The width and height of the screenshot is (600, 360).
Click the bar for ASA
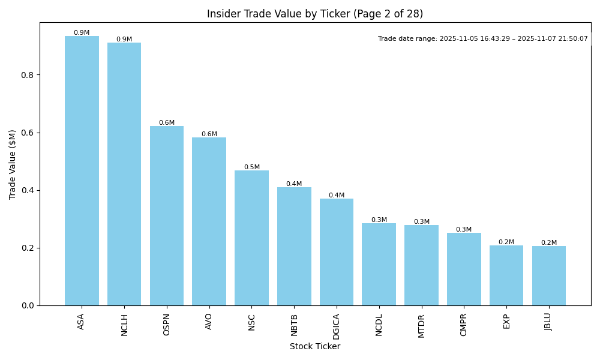82,171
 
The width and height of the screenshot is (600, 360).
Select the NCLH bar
124,174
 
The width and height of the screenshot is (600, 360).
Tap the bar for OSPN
167,216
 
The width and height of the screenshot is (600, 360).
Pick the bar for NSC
251,238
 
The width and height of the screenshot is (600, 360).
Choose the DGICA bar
337,252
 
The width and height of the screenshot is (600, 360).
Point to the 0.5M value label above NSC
252,167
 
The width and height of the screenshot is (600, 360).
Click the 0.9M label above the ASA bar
82,33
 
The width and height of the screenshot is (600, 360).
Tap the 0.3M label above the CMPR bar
464,229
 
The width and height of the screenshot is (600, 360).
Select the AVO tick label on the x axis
209,321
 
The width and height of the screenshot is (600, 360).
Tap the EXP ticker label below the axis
506,321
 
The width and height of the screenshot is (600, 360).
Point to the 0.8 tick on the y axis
26,75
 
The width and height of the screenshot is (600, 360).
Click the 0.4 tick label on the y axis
26,190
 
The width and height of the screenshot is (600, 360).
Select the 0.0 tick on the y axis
26,305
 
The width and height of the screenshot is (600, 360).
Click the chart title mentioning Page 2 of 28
315,14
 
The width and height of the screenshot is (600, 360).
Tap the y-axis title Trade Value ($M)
13,164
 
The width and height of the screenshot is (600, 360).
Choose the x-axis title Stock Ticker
315,346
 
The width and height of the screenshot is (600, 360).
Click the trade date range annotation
483,38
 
